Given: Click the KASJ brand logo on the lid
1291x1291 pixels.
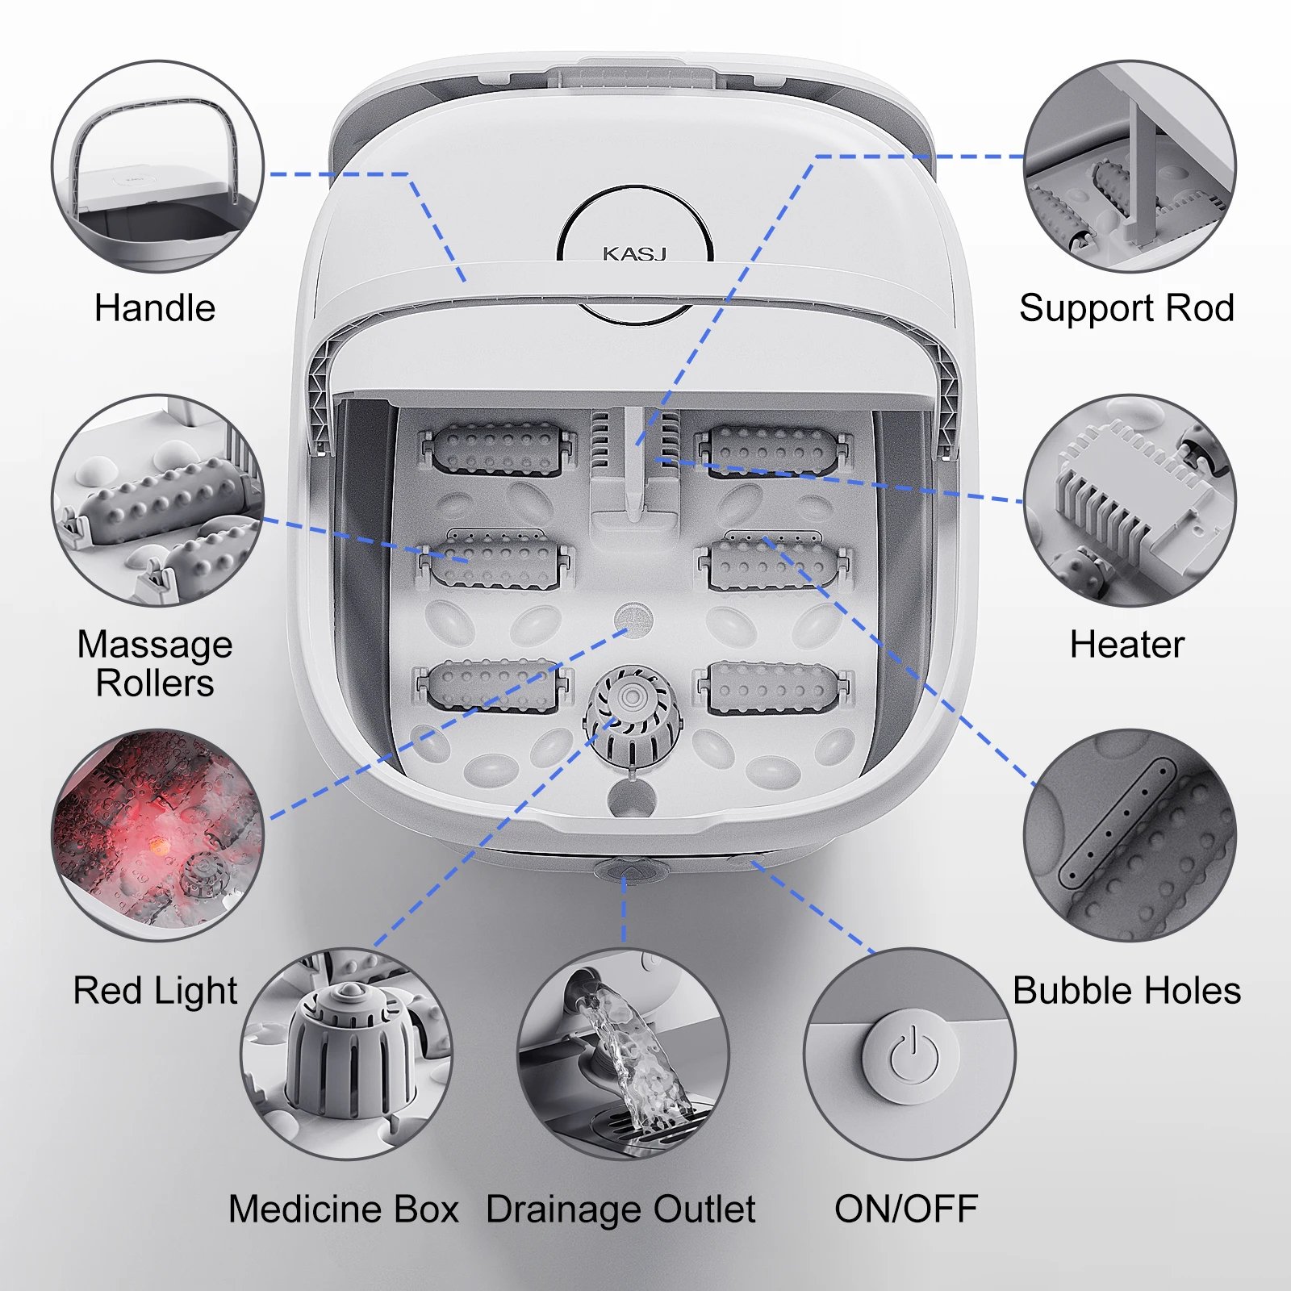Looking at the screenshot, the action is coord(634,253).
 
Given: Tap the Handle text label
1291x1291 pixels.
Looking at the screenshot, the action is coord(155,308).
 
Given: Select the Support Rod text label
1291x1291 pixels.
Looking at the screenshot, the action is coord(1126,308).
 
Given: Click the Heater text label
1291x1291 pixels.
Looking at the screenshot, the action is coord(1127,645).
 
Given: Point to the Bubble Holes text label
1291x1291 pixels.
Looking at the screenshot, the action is coord(1126,991).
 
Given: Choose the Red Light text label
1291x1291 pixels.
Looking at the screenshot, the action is coord(155,992).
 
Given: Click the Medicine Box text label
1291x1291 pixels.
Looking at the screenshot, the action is coord(344,1209).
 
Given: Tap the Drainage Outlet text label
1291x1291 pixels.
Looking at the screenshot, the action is coord(621,1210).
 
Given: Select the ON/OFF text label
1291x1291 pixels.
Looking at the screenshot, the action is coord(906,1209).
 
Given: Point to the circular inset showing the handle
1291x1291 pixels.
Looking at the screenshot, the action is coord(158,166).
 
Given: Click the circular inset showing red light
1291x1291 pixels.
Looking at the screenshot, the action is coord(158,835).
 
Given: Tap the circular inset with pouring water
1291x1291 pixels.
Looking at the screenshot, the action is coord(623,1055).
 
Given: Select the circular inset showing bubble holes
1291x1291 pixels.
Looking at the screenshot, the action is coord(1130,835).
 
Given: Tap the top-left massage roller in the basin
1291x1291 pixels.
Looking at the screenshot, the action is coord(495,448).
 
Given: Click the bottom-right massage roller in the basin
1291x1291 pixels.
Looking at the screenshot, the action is coord(773,688).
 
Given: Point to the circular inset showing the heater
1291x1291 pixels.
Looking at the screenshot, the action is coord(1130,500).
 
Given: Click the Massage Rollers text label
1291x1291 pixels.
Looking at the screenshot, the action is coord(155,663).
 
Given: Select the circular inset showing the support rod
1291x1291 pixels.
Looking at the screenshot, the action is coord(1130,166).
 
